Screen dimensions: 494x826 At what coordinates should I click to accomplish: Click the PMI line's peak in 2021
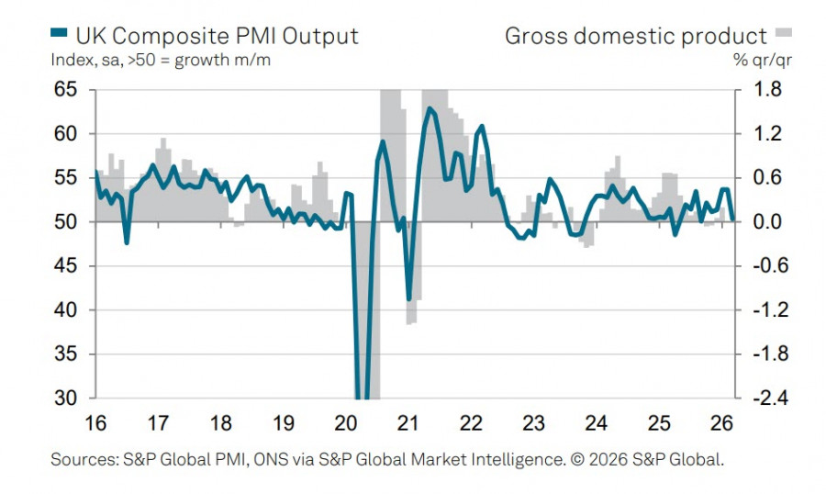pyautogui.click(x=429, y=108)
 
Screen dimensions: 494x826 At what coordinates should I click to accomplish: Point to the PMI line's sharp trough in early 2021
pyautogui.click(x=409, y=299)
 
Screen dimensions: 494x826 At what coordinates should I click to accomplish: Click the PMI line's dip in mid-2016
pyautogui.click(x=126, y=242)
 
